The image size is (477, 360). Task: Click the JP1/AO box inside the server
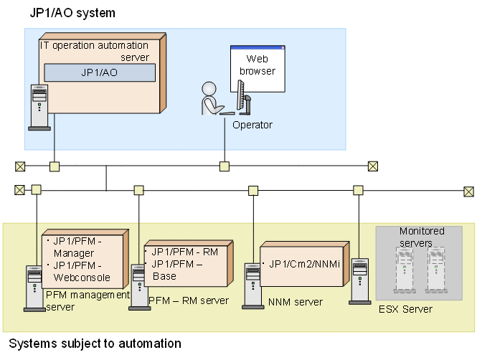point(100,72)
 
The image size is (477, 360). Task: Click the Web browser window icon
point(257,65)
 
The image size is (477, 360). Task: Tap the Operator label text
point(252,125)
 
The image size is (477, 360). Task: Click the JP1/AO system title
point(72,14)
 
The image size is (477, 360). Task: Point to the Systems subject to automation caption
point(95,344)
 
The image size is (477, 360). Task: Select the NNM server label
point(296,302)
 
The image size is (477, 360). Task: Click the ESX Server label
point(405,309)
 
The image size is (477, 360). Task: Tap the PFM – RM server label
point(188,300)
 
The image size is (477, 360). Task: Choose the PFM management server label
point(87,300)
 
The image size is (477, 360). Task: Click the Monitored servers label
point(422,237)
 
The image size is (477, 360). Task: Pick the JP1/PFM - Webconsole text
point(79,272)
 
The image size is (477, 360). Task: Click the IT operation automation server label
point(94,51)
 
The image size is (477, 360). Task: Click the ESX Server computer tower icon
point(359,281)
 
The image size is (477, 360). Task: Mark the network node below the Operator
point(225,166)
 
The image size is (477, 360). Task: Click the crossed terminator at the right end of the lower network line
point(468,191)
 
